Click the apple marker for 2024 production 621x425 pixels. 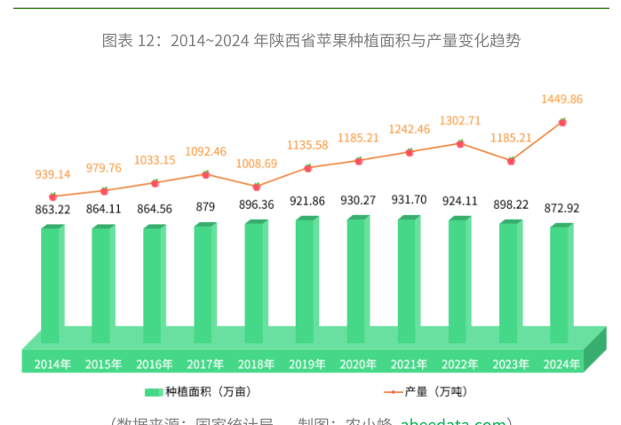pos(562,122)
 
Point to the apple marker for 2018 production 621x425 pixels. pos(256,187)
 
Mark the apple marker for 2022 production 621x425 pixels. pos(460,143)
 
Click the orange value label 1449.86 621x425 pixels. pos(561,99)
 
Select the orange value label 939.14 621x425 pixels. pos(52,173)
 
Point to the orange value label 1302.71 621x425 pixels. pos(460,121)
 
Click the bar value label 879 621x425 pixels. pos(205,206)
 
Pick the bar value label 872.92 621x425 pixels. pos(561,207)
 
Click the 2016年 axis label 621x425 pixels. pos(155,364)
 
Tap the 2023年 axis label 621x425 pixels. pos(511,364)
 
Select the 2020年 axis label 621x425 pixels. pos(358,364)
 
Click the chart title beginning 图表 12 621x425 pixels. pos(310,40)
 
